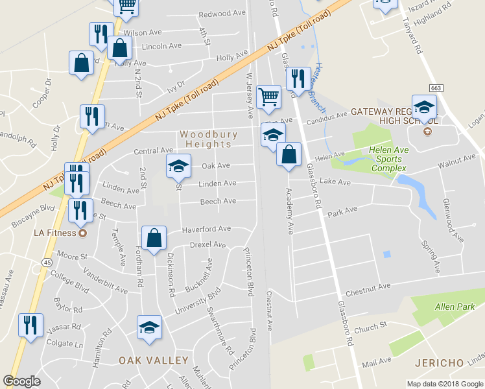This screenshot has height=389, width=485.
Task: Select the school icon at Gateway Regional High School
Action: pyautogui.click(x=425, y=107)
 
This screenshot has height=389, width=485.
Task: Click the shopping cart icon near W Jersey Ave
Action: pyautogui.click(x=268, y=97)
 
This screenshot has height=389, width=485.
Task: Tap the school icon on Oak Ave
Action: pyautogui.click(x=178, y=166)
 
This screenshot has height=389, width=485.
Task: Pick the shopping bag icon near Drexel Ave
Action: pyautogui.click(x=154, y=238)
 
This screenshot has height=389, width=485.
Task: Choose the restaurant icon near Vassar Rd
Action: pyautogui.click(x=30, y=325)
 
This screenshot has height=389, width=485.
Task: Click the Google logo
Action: pyautogui.click(x=22, y=381)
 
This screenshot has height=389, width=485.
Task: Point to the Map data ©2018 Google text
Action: pyautogui.click(x=444, y=384)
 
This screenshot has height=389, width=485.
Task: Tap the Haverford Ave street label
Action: pyautogui.click(x=206, y=229)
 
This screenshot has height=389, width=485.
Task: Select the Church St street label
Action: pyautogui.click(x=373, y=324)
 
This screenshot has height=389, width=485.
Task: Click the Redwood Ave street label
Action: pyautogui.click(x=222, y=14)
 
